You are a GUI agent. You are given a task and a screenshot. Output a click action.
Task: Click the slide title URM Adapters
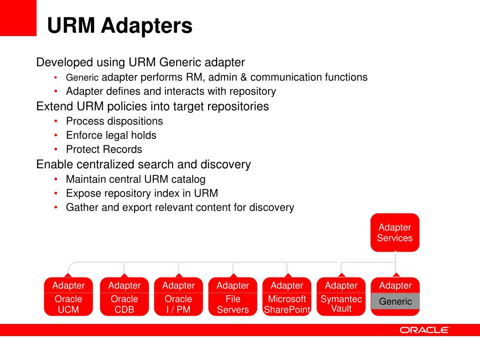(x=120, y=25)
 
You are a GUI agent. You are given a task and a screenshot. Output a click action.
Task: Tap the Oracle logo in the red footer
(x=424, y=330)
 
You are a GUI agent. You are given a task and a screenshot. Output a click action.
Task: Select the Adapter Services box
(x=395, y=232)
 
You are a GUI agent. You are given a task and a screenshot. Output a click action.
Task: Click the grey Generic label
(x=395, y=301)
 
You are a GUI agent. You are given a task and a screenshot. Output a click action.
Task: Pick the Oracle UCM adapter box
(x=68, y=297)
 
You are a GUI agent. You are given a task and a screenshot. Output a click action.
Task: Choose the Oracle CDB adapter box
(x=124, y=297)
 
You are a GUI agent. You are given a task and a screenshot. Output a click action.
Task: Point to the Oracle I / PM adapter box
(x=178, y=297)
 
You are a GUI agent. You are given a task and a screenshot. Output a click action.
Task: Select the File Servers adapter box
(x=233, y=297)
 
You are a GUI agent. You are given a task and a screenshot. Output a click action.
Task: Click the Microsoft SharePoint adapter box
(x=287, y=297)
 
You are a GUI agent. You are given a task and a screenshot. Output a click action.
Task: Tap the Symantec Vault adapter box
(x=341, y=297)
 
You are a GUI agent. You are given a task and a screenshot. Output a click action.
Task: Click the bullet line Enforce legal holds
(x=111, y=135)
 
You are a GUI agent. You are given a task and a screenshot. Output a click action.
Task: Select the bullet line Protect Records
(x=104, y=150)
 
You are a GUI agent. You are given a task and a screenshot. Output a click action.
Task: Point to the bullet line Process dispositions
(x=114, y=121)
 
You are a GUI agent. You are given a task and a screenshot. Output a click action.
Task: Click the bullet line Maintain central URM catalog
(x=135, y=179)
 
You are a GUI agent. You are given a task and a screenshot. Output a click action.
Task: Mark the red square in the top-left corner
(x=18, y=18)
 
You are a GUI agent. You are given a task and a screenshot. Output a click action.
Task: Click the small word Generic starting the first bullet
(x=82, y=78)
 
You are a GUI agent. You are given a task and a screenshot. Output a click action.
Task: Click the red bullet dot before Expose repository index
(x=56, y=193)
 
